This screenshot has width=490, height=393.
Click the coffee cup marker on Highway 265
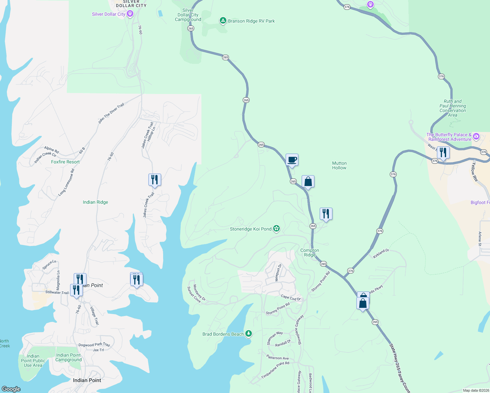pyautogui.click(x=292, y=160)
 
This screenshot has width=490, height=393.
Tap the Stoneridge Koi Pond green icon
pyautogui.click(x=276, y=229)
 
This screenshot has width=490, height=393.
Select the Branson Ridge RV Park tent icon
pyautogui.click(x=223, y=21)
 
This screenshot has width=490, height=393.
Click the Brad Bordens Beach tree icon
pyautogui.click(x=249, y=334)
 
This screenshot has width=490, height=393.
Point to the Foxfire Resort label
pyautogui.click(x=65, y=162)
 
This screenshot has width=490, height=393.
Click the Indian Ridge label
pyautogui.click(x=95, y=202)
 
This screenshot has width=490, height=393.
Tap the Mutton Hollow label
pyautogui.click(x=339, y=165)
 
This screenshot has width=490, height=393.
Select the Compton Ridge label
pyautogui.click(x=310, y=253)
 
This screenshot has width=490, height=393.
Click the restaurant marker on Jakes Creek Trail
pyautogui.click(x=155, y=180)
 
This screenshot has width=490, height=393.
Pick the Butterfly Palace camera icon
pyautogui.click(x=476, y=136)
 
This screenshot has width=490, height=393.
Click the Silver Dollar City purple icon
pyautogui.click(x=130, y=14)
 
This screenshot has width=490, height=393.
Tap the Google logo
pyautogui.click(x=11, y=389)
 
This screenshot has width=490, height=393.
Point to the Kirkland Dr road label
pyautogui.click(x=381, y=253)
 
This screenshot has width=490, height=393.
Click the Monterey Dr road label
pyautogui.click(x=199, y=292)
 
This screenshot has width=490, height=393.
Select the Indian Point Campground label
pyautogui.click(x=68, y=357)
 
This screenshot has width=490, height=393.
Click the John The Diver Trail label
pyautogui.click(x=111, y=113)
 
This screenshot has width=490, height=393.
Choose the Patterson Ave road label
pyautogui.click(x=277, y=358)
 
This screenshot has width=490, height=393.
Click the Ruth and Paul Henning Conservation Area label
pyautogui.click(x=452, y=108)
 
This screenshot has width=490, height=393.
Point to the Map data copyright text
pyautogui.click(x=475, y=390)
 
